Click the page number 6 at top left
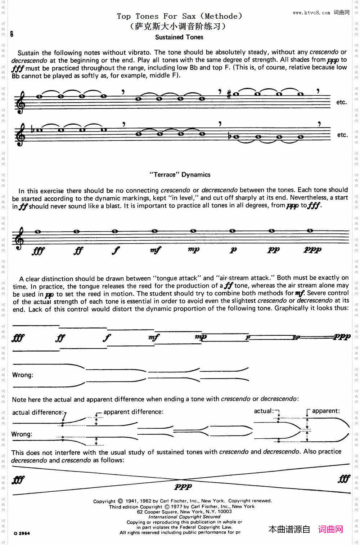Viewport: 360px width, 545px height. tap(12, 34)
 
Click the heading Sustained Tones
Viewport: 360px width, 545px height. tap(179, 37)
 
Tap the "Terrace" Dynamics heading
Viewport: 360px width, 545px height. tap(180, 175)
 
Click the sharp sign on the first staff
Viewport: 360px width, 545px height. tap(229, 94)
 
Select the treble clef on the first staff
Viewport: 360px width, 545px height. tap(21, 102)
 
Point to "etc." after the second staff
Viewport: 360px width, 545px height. tap(342, 135)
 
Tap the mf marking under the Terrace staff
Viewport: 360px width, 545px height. tap(156, 250)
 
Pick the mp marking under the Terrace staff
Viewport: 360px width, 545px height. tap(194, 249)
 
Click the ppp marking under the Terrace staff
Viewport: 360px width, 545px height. tap(312, 250)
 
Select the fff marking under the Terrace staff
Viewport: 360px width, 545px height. tap(38, 250)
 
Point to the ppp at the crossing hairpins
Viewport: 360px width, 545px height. tap(183, 487)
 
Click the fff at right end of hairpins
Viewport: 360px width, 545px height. tap(344, 479)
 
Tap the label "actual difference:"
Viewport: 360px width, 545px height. tap(38, 412)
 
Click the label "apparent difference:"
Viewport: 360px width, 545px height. tap(133, 412)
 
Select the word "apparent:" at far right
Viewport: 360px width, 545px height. tap(326, 411)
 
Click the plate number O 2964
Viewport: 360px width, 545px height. tap(22, 533)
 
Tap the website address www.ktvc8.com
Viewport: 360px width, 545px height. tap(311, 13)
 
